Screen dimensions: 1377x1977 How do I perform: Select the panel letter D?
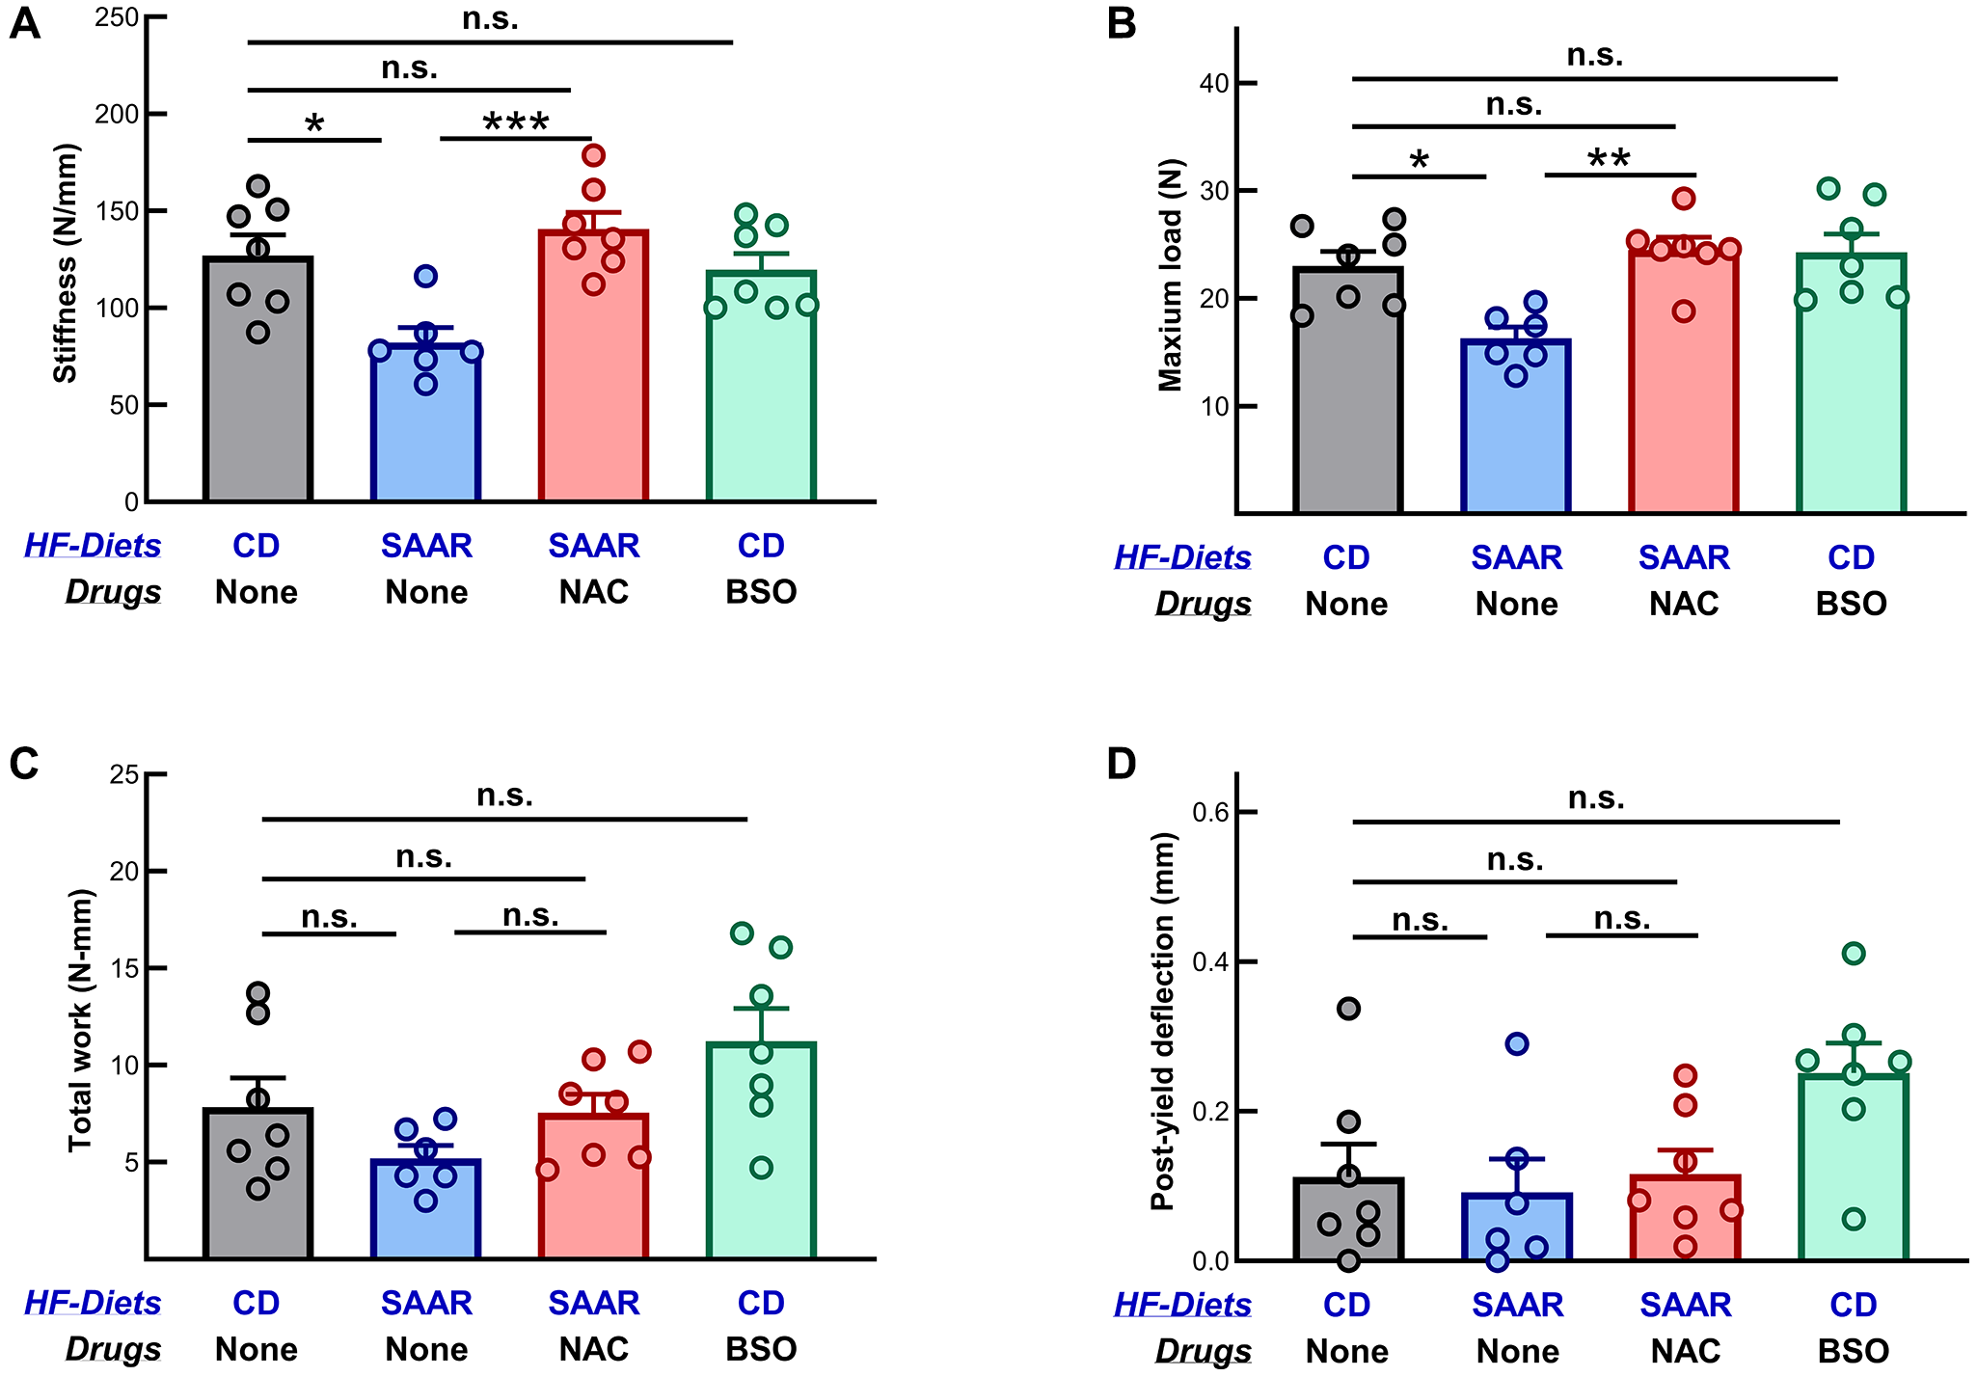click(1122, 764)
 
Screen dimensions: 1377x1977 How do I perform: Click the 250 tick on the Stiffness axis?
click(117, 17)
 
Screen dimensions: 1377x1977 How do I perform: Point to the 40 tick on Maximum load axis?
click(1214, 83)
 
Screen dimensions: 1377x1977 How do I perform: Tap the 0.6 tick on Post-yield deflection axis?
click(1210, 812)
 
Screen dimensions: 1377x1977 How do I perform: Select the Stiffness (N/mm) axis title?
click(66, 263)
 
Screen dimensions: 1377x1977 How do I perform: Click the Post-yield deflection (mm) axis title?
click(1162, 1020)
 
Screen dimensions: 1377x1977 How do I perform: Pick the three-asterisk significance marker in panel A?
click(516, 123)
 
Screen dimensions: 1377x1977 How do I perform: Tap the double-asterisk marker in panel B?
click(1609, 159)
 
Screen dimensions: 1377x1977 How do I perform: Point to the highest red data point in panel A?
click(594, 155)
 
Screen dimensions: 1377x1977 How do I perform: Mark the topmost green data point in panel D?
click(1854, 954)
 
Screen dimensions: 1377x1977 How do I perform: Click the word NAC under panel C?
click(593, 1348)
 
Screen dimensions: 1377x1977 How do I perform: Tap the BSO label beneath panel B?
click(1851, 604)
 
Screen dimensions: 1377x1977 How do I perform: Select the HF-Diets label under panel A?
click(93, 546)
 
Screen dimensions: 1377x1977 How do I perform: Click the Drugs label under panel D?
click(1203, 1352)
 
